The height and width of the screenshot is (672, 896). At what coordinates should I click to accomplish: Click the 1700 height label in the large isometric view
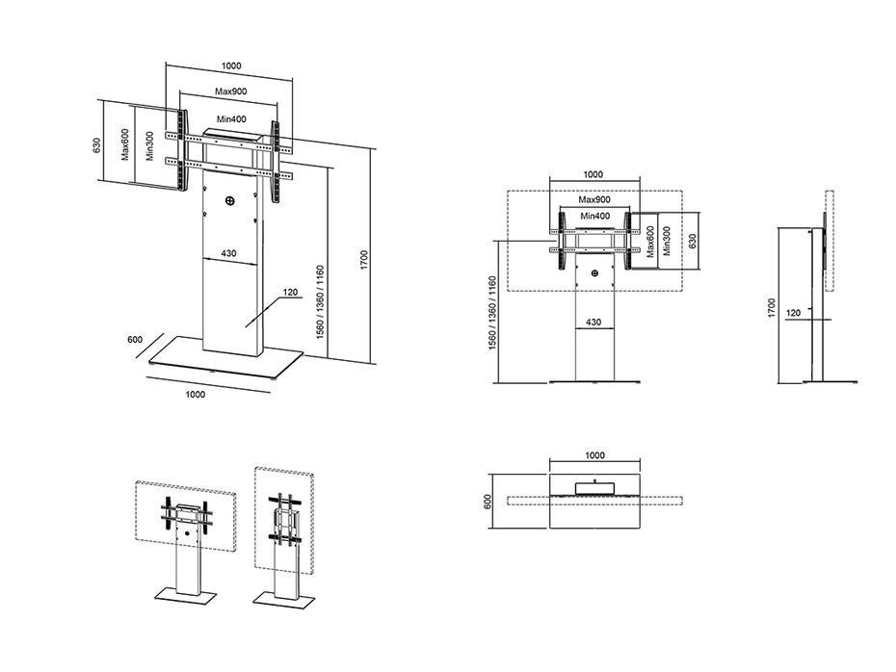(365, 260)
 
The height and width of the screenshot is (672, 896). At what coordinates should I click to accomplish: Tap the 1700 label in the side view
(772, 308)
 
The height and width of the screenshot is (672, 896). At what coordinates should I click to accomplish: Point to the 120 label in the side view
(794, 313)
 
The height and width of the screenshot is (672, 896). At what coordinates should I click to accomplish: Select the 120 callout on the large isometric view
(291, 293)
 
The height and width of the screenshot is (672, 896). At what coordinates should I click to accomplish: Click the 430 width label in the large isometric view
(228, 253)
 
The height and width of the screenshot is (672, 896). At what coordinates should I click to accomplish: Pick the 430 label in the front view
(593, 322)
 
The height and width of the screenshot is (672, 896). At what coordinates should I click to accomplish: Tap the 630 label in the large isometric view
(97, 145)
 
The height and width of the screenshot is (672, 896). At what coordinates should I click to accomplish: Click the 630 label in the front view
(693, 241)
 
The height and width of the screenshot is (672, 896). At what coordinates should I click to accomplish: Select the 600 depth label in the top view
(488, 502)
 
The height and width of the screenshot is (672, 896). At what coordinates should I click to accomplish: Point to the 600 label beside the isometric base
(135, 340)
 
